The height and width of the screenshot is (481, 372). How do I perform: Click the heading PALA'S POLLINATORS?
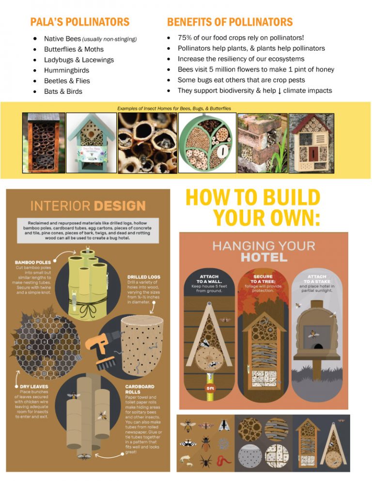point(80,22)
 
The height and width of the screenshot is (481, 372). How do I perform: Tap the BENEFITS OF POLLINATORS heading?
point(230,22)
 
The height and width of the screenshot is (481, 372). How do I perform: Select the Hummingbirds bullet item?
point(66,70)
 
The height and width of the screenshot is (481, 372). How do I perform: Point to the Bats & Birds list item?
point(63,91)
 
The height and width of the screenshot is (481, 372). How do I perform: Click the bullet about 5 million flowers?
point(256,69)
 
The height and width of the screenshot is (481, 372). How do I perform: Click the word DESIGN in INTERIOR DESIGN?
point(120,206)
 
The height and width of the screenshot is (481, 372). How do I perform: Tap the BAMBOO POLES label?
point(33,262)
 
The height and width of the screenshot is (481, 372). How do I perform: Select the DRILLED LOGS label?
point(143,277)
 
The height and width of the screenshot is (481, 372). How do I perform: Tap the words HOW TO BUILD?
point(253,198)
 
